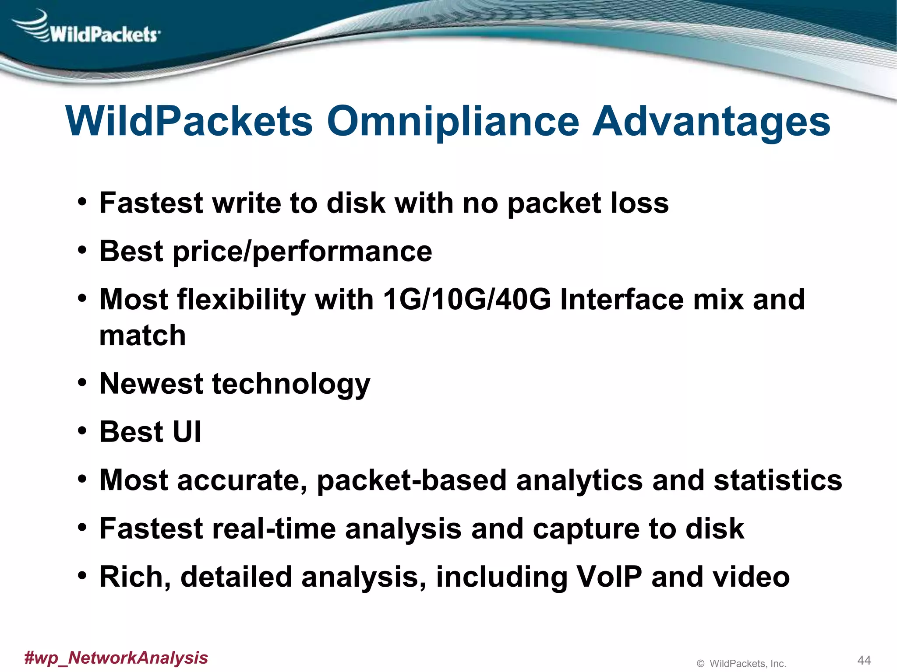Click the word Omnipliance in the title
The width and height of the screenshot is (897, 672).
tap(453, 121)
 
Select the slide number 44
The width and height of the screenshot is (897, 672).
tap(864, 660)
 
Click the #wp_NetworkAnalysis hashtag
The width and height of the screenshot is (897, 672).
tap(116, 658)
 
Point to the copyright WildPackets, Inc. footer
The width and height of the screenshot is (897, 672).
tap(741, 664)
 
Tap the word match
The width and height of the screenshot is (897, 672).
tap(142, 336)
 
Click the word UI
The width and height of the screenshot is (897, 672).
tap(187, 432)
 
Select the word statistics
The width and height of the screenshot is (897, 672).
tap(777, 480)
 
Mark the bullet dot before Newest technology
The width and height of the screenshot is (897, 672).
tap(82, 383)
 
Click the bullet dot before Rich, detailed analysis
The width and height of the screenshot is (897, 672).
tap(82, 576)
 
